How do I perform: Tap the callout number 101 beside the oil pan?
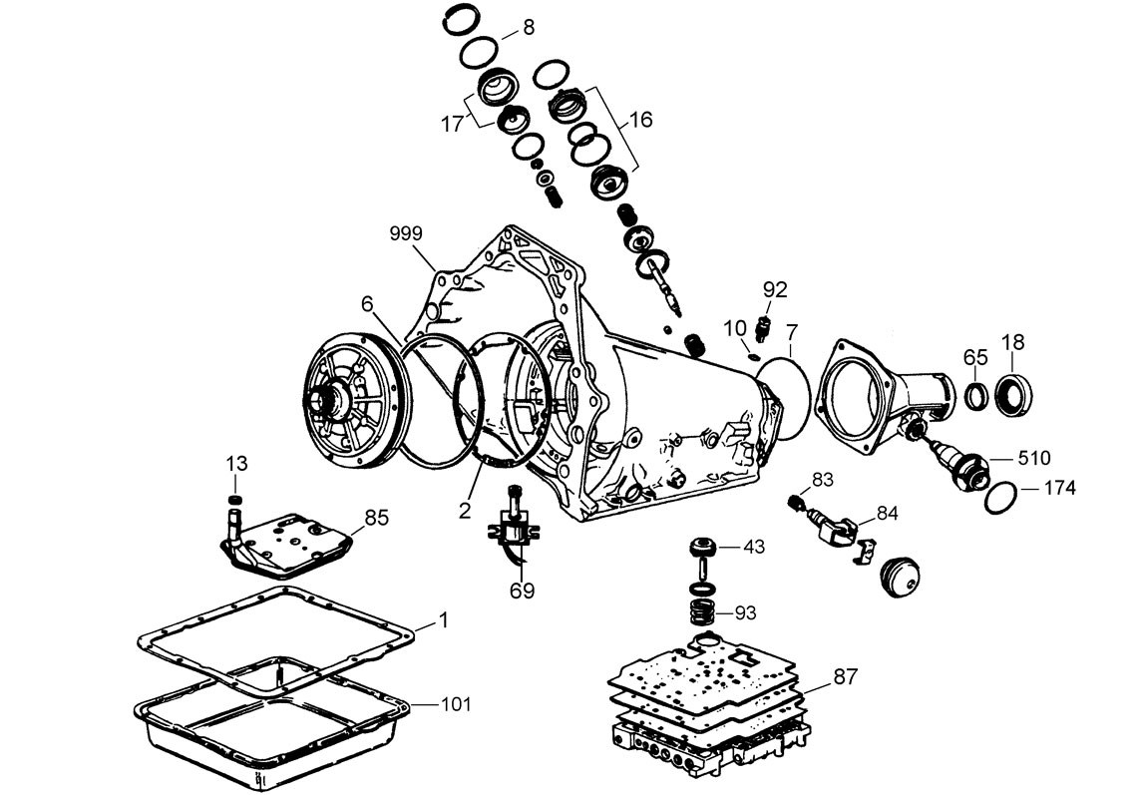(x=456, y=704)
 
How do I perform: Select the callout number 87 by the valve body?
(x=845, y=676)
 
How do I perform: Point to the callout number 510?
(x=1034, y=459)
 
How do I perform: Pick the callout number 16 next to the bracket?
(x=640, y=119)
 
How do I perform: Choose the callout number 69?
(x=522, y=591)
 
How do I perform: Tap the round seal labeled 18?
(x=1013, y=392)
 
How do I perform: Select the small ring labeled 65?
(x=976, y=394)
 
